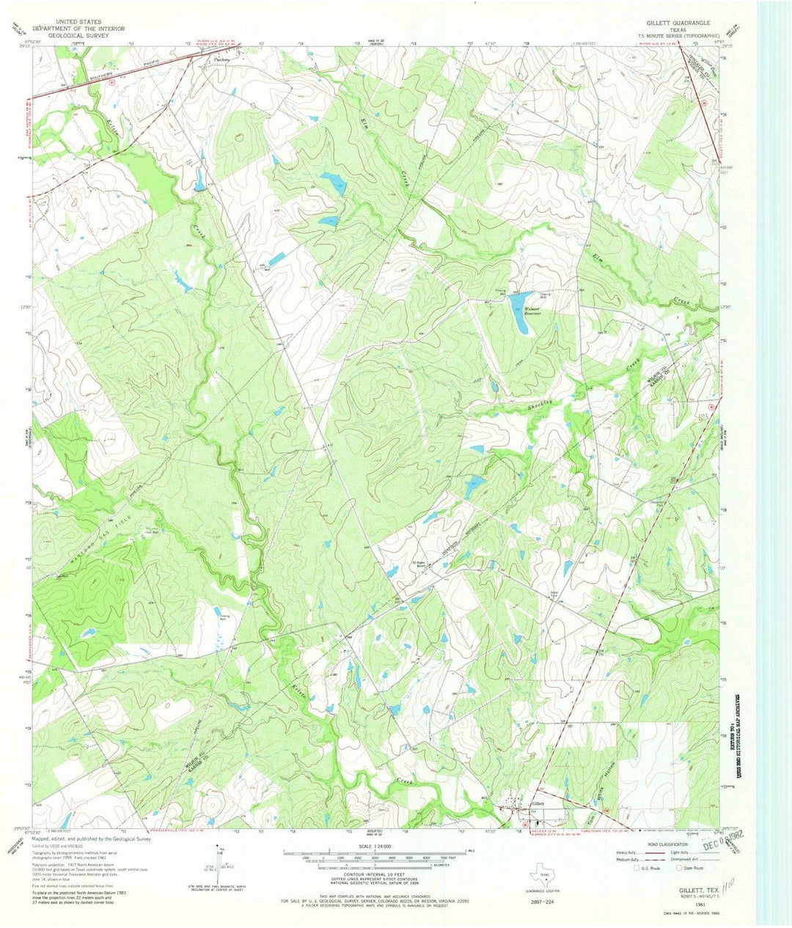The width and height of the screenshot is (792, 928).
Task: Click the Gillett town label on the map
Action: pyautogui.click(x=538, y=804)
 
